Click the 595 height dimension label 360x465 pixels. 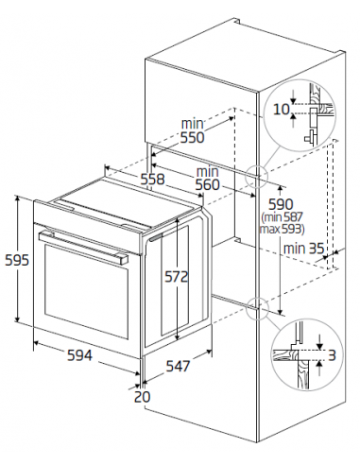point(17,260)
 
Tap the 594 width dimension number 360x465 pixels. point(80,355)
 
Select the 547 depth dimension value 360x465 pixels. point(179,366)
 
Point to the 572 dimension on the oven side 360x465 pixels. point(177,277)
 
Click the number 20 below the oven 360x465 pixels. point(143,396)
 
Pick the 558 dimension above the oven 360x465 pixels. point(152,179)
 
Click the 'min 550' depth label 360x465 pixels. point(193,130)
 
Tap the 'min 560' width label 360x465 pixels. point(207,179)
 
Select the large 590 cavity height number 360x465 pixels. point(281,204)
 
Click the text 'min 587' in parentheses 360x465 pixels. point(283,217)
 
